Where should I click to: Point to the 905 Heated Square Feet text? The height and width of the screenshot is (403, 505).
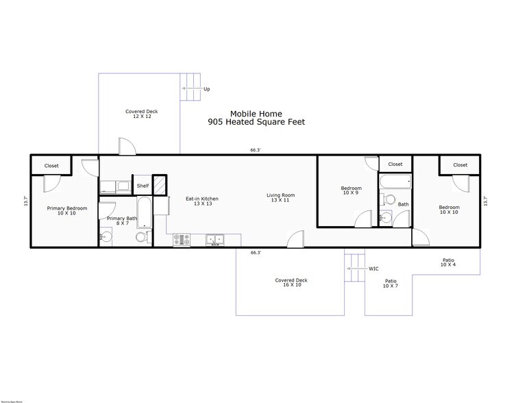click(x=256, y=123)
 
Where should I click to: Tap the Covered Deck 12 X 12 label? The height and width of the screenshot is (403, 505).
click(x=138, y=114)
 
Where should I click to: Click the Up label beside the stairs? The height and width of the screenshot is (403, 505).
click(x=207, y=89)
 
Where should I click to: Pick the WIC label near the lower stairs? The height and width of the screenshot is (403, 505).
click(x=373, y=269)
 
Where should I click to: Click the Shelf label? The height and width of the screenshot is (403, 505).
click(x=143, y=186)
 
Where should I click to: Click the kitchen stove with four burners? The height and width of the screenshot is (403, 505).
click(x=182, y=240)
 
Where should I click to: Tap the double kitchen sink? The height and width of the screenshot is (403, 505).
click(x=215, y=240)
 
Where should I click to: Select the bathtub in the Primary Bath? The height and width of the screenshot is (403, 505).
click(x=145, y=212)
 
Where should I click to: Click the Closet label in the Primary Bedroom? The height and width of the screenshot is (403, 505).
click(x=51, y=166)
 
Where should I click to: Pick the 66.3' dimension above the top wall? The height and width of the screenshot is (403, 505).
click(x=255, y=150)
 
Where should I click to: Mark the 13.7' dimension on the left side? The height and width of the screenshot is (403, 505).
click(x=25, y=201)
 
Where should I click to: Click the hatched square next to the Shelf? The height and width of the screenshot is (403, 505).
click(x=159, y=185)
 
